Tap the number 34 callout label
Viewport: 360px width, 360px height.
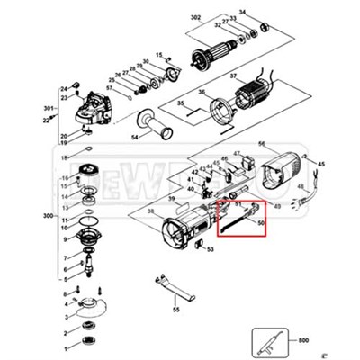[x=241, y=13]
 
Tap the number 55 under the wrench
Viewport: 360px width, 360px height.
[x=176, y=310]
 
